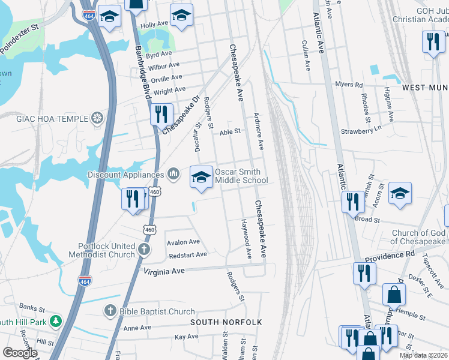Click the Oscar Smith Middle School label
[x=241, y=176]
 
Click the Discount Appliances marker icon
[x=173, y=175]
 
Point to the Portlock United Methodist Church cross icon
[x=144, y=248]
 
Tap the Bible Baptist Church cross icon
[x=110, y=311]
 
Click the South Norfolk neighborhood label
[x=226, y=322]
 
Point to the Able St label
[x=230, y=131]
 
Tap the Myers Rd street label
[x=349, y=85]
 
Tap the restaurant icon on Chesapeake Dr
[x=161, y=113]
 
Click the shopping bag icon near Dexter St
[x=394, y=294]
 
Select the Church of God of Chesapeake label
[x=418, y=238]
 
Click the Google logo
[x=20, y=353]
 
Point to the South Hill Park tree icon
[x=56, y=321]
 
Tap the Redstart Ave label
[x=188, y=254]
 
